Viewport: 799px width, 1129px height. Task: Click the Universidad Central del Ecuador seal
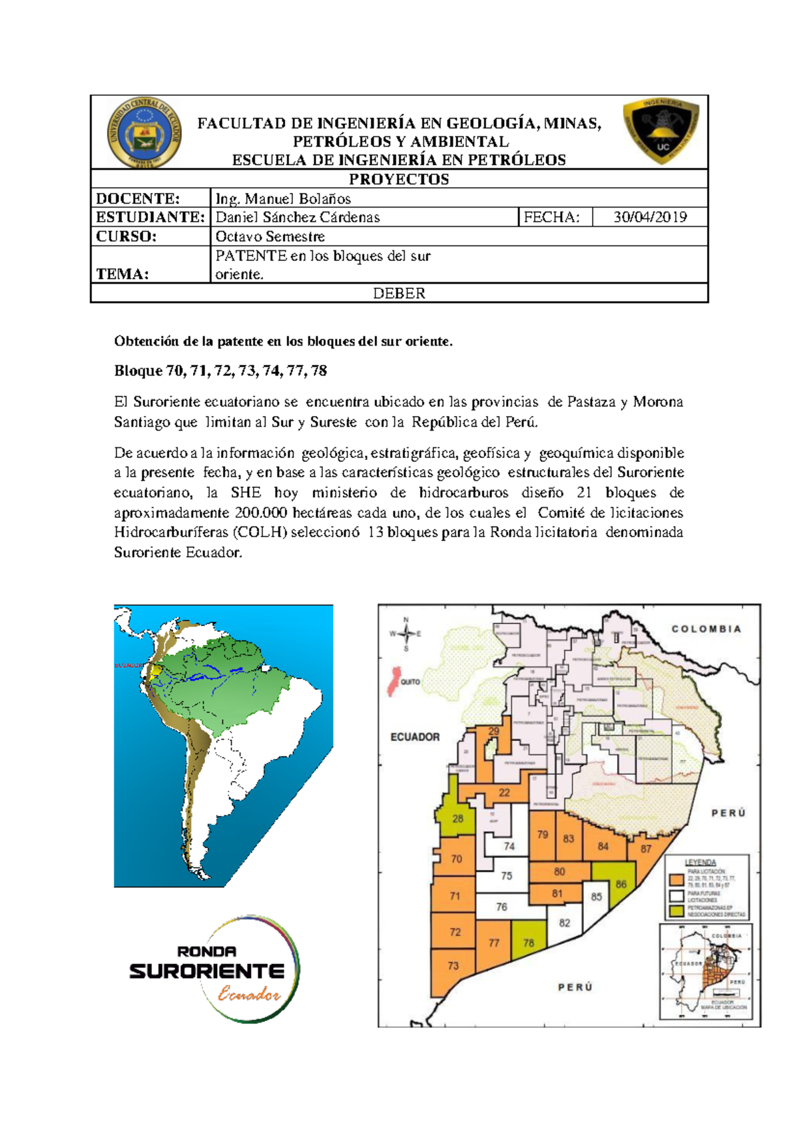point(144,132)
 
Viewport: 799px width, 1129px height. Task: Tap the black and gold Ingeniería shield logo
point(661,131)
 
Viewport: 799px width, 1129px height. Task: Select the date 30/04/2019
point(650,217)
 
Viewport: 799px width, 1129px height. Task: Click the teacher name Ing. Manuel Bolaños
point(283,198)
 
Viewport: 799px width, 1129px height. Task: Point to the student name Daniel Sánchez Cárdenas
point(298,217)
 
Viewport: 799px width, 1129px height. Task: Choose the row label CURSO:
point(127,236)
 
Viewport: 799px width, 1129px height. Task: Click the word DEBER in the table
point(399,293)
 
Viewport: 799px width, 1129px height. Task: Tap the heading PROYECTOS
point(399,179)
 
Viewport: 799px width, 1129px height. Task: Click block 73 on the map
point(453,965)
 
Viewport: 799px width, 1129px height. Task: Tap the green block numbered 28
point(457,818)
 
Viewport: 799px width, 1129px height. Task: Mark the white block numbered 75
point(507,875)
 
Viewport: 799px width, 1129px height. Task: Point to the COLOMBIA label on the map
point(706,628)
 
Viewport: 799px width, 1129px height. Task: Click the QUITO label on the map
point(410,682)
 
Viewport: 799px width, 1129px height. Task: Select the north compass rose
point(405,634)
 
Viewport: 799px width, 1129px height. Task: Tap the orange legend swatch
point(677,880)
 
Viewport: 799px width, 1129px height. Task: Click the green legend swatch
point(677,911)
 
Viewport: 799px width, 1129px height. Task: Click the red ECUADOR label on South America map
point(129,665)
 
